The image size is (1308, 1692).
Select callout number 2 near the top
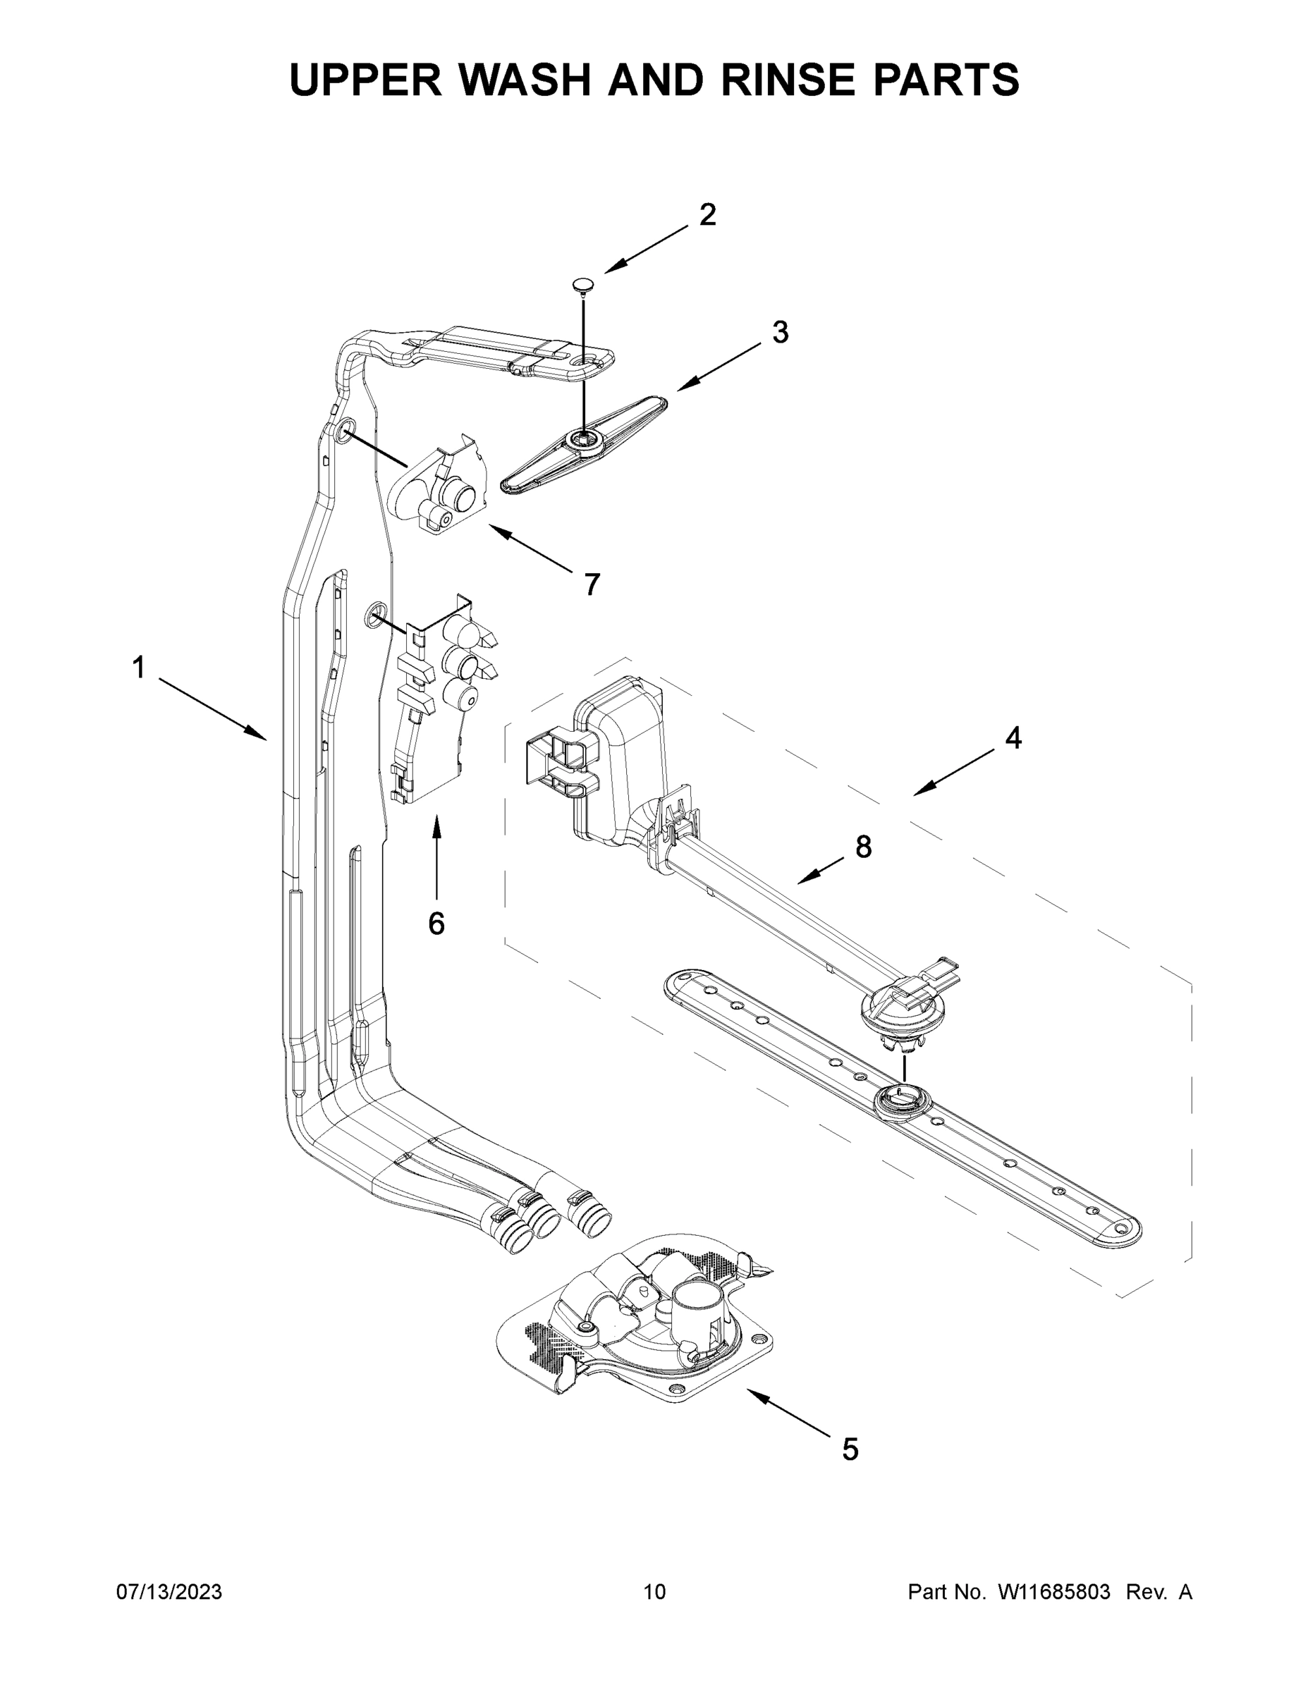707,215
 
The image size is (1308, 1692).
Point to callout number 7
592,584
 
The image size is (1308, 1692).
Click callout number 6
436,923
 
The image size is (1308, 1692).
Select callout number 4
1013,738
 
